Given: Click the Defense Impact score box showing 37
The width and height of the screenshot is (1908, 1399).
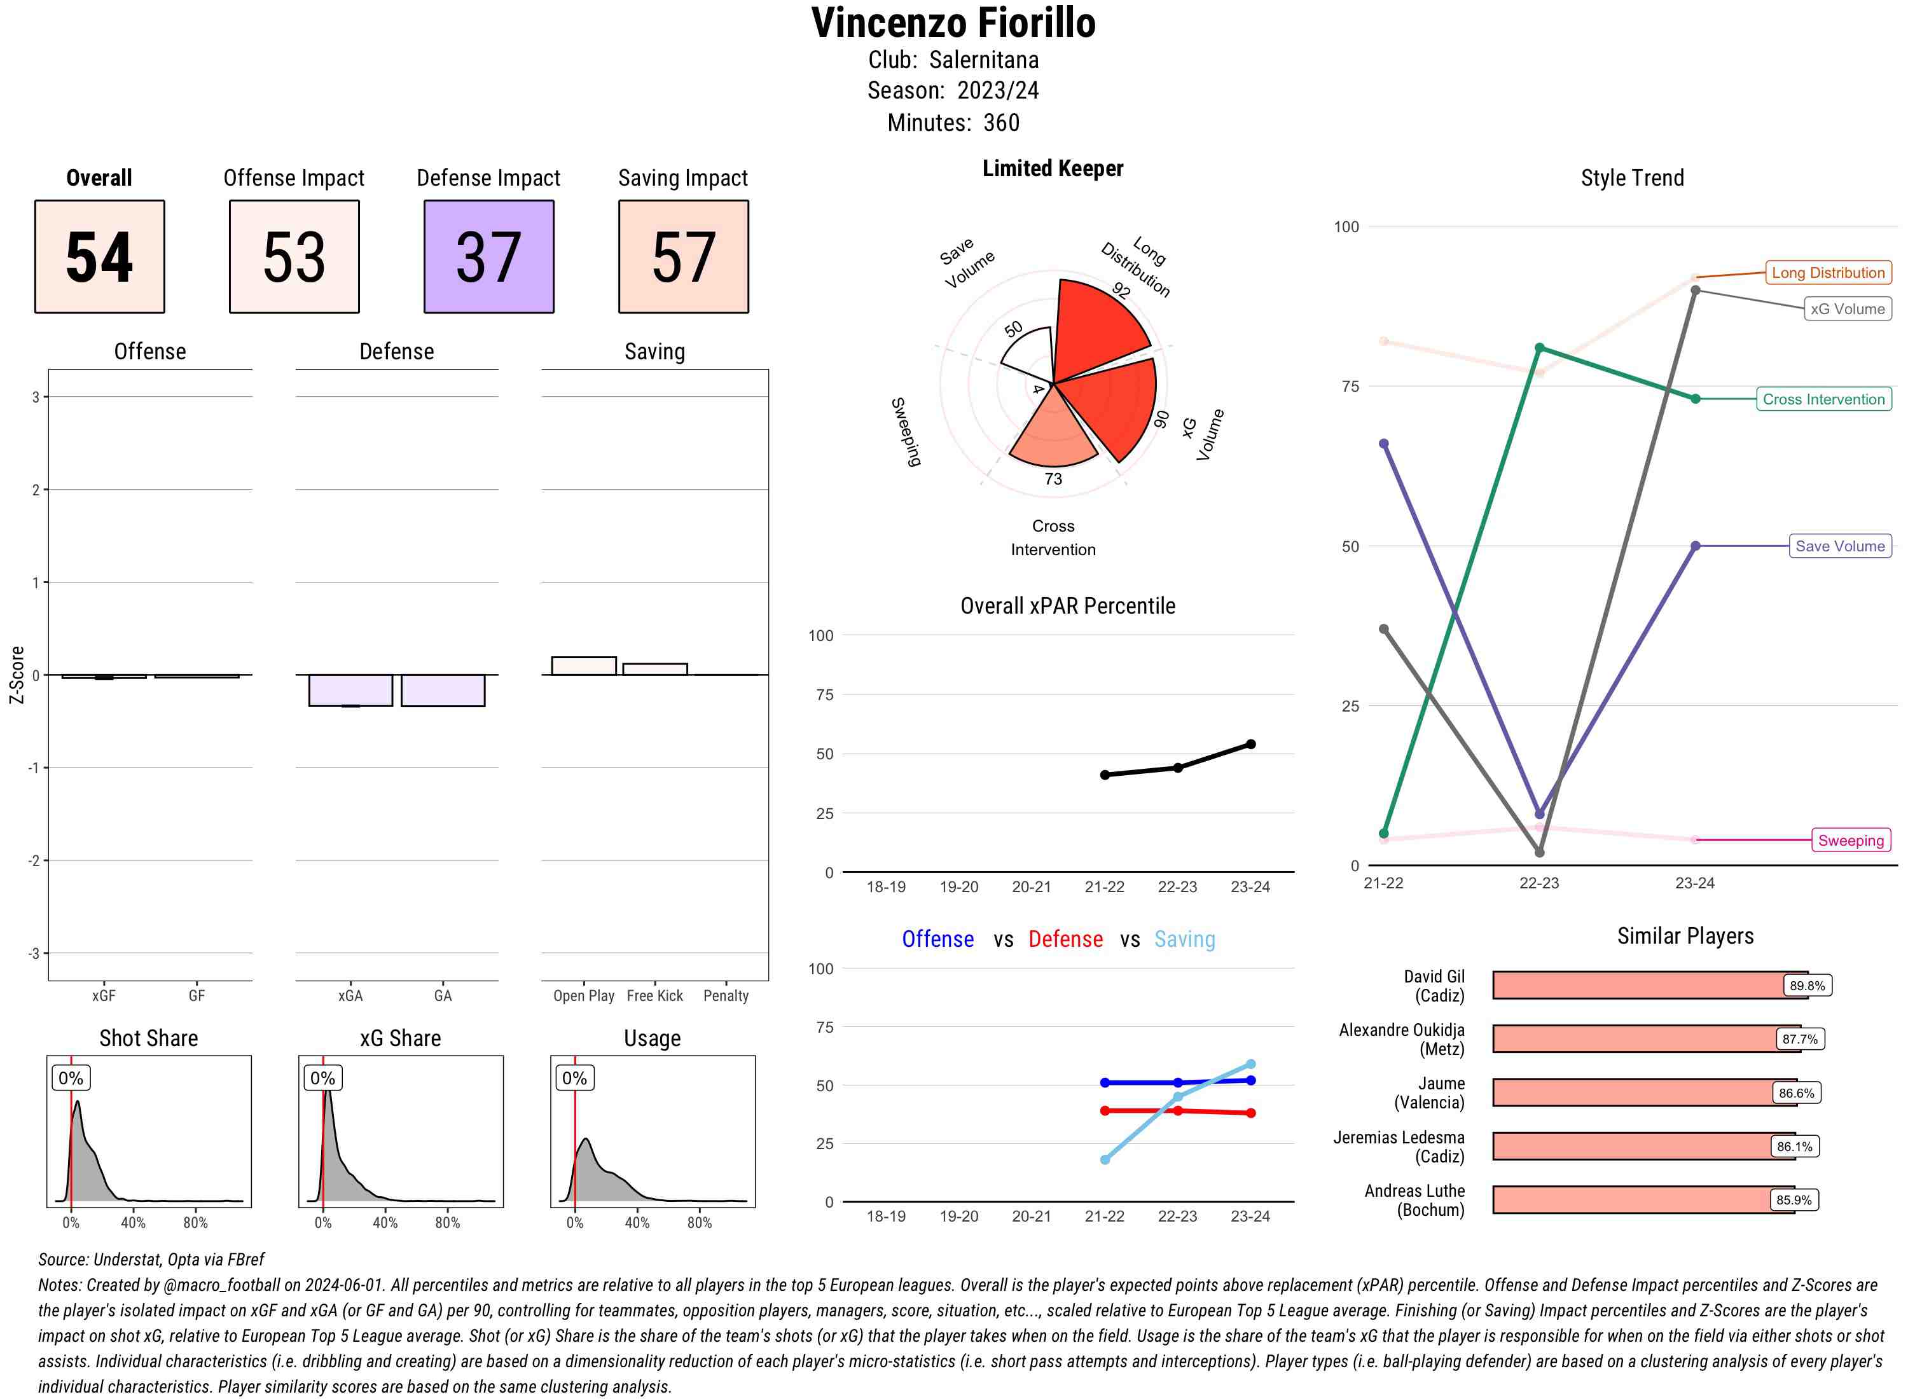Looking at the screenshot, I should click(x=488, y=257).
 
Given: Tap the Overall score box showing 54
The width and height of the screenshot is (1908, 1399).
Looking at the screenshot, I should click(x=100, y=257).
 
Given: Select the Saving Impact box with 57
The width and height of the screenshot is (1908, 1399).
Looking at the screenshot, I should click(x=684, y=257).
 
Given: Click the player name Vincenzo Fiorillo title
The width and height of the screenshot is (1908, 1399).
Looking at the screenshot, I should click(x=953, y=24).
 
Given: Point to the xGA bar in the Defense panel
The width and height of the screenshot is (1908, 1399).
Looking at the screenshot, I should click(x=350, y=690).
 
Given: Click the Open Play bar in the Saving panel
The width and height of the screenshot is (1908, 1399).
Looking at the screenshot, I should click(x=583, y=666).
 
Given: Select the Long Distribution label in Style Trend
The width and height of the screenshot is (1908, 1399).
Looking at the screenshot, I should click(x=1828, y=273).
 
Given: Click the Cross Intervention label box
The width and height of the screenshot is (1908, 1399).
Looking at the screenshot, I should click(x=1823, y=399).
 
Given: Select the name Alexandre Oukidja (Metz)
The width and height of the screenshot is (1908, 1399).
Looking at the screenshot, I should click(x=1402, y=1039).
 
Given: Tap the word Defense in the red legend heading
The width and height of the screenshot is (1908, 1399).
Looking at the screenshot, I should click(x=1065, y=939).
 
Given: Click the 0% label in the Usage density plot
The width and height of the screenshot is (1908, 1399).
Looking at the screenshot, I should click(x=574, y=1078).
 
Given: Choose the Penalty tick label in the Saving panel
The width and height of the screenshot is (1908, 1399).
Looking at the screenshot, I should click(x=726, y=996).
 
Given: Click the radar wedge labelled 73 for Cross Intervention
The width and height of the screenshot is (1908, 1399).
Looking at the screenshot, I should click(x=1053, y=436).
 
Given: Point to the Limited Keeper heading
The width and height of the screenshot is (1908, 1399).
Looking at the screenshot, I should click(x=1053, y=169).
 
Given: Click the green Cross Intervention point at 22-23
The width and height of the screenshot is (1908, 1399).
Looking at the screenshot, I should click(x=1540, y=348).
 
